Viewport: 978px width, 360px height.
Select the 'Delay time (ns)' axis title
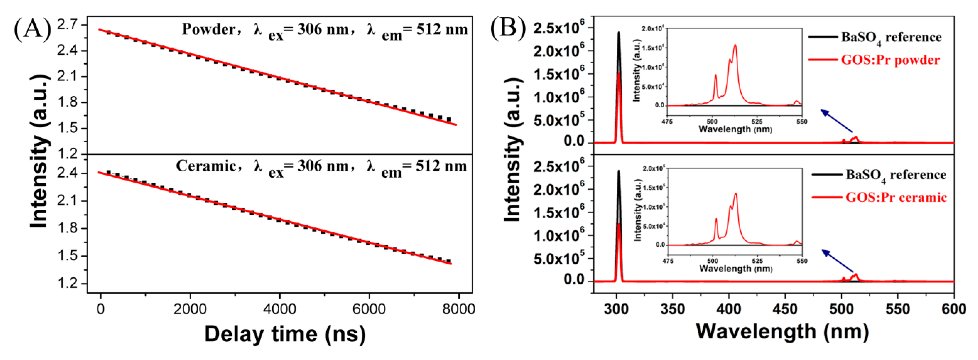click(x=285, y=334)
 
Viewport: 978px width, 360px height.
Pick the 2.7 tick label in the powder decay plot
click(x=67, y=25)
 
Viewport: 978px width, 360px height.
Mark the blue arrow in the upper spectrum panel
click(x=836, y=121)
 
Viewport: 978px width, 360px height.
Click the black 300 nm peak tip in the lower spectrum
click(x=619, y=171)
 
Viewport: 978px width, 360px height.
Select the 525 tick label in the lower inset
click(x=758, y=261)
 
